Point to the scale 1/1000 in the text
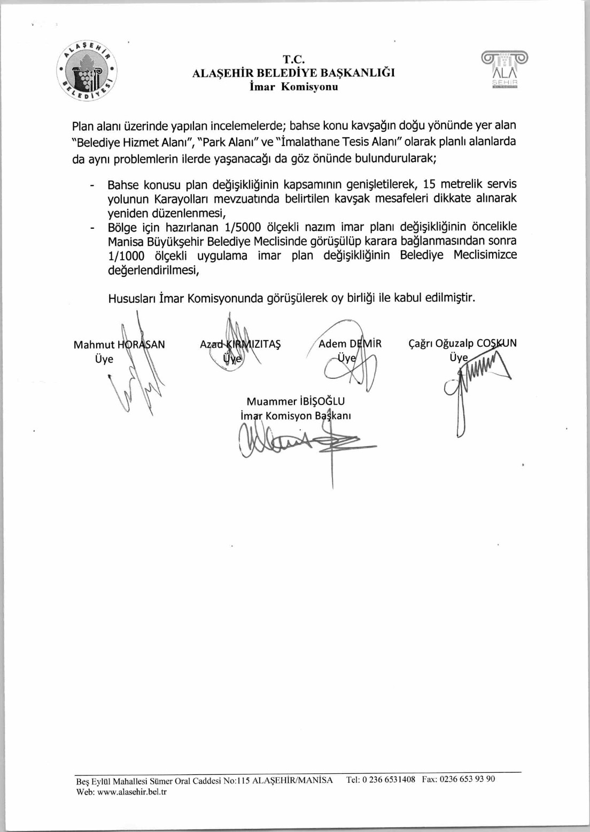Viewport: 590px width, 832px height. pos(126,255)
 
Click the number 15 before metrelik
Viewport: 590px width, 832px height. pos(429,184)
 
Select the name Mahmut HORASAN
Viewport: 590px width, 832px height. pos(119,345)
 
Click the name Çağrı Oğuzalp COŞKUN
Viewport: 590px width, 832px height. pos(462,343)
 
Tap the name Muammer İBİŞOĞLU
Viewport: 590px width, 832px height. pos(296,401)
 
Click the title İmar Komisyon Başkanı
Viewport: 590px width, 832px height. pos(296,416)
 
